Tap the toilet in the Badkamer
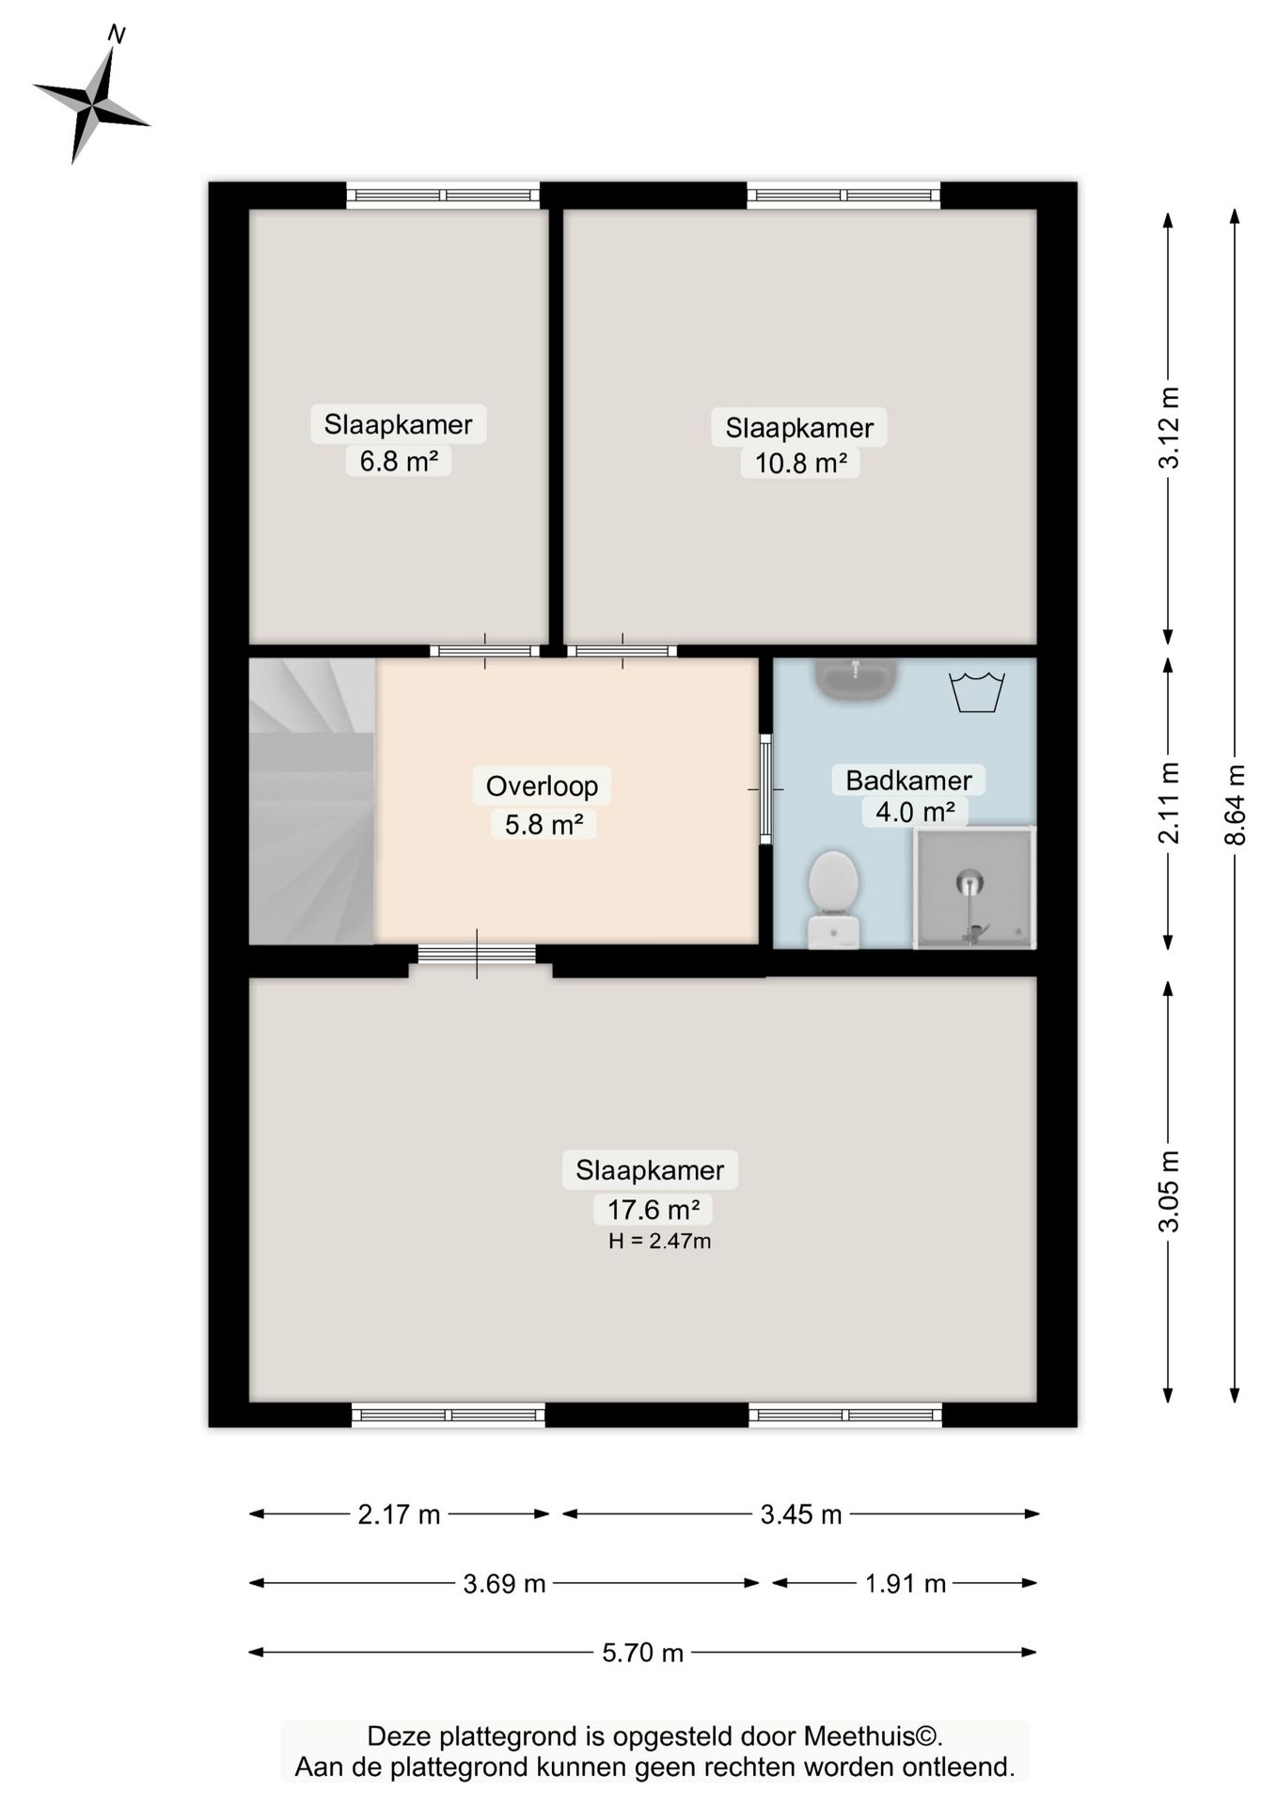[833, 898]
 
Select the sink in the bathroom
[856, 679]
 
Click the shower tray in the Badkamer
[974, 888]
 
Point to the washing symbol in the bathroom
[977, 692]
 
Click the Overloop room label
[542, 785]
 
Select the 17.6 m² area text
[653, 1209]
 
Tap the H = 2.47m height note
[659, 1241]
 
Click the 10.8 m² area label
[800, 463]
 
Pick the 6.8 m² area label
[399, 461]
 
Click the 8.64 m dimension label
[1235, 804]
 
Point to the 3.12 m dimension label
[1168, 427]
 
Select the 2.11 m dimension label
[1168, 802]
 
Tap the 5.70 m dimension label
[642, 1653]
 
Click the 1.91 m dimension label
[905, 1584]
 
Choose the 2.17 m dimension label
[399, 1514]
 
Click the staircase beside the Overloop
[312, 800]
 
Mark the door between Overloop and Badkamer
[765, 788]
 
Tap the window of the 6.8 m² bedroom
[443, 196]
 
